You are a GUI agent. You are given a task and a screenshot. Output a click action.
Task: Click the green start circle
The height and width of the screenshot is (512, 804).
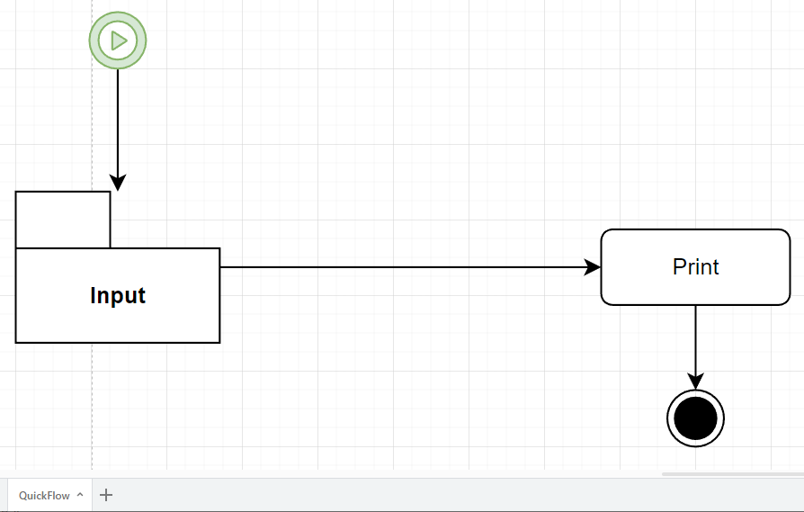tap(117, 40)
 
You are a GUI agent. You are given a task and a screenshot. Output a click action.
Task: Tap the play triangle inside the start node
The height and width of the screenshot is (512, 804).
tap(118, 40)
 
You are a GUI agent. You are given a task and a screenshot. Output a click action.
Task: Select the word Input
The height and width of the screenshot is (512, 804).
tap(118, 295)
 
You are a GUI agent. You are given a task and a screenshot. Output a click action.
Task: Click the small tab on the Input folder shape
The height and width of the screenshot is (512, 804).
tap(63, 219)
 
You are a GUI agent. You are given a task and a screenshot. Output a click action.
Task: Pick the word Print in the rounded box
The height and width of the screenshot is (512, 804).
tap(695, 267)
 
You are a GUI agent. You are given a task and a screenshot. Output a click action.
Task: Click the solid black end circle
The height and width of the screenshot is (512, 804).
tap(695, 418)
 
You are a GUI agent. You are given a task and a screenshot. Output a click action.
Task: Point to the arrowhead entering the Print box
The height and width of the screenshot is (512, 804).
tap(593, 267)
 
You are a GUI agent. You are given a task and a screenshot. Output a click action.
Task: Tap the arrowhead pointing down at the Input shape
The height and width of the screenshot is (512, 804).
tap(117, 183)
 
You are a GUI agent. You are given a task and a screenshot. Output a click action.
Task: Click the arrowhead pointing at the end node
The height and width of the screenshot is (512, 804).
tap(695, 382)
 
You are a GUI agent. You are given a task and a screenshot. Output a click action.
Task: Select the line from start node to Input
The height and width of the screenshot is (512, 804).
tap(117, 117)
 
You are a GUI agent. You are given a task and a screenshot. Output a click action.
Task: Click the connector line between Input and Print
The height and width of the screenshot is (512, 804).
tap(405, 267)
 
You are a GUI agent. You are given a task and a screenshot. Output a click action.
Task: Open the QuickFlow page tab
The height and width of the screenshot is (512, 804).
tap(44, 495)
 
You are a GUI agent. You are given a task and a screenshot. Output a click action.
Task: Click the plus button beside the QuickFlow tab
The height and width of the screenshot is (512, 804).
tap(106, 495)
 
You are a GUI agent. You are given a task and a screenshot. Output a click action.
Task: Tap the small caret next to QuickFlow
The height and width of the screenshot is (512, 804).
tap(80, 495)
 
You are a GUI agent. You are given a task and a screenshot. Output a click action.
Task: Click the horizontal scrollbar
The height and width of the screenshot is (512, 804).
tap(732, 473)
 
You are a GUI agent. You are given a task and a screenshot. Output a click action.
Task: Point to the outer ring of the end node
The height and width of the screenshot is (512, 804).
tap(695, 392)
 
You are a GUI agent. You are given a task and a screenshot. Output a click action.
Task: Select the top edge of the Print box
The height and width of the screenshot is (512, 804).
tap(695, 229)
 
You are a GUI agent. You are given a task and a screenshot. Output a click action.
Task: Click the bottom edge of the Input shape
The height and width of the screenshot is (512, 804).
tap(118, 343)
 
